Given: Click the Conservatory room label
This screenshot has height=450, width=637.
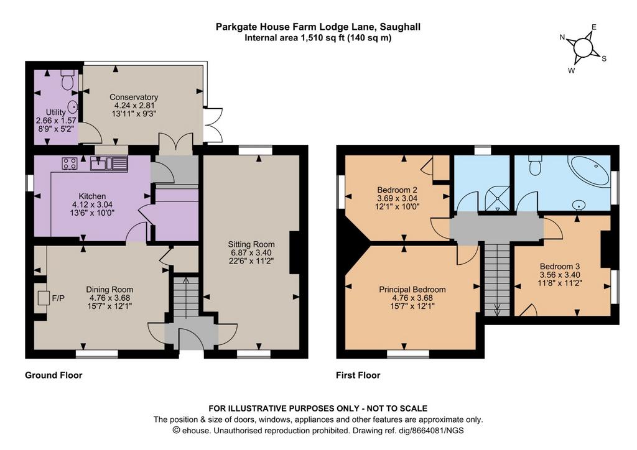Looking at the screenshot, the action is click(134, 97).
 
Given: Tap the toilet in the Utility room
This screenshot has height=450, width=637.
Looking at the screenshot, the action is click(67, 79).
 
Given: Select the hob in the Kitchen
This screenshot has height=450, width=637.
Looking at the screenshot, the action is click(70, 163).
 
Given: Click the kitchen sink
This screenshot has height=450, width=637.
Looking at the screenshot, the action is click(109, 163).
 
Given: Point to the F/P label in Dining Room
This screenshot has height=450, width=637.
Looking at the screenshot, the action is click(58, 298).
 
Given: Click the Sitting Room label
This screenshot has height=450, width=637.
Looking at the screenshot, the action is click(251, 244).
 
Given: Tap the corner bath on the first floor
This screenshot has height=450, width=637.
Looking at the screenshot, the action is click(590, 172).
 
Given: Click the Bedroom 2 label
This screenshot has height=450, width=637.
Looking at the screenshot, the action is click(397, 190).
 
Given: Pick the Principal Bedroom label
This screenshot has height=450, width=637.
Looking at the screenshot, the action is click(412, 290).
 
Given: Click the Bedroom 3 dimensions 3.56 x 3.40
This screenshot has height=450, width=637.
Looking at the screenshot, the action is click(560, 275).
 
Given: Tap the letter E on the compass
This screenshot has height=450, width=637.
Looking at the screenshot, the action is click(593, 27).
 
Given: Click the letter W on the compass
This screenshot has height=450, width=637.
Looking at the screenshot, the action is click(572, 71).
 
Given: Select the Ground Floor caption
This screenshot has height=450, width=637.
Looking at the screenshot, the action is click(53, 375).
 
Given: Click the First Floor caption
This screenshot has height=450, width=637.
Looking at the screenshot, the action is click(358, 375).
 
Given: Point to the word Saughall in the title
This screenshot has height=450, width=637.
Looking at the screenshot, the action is click(401, 27).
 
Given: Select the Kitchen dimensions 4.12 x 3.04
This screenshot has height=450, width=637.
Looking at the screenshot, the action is click(92, 204).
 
